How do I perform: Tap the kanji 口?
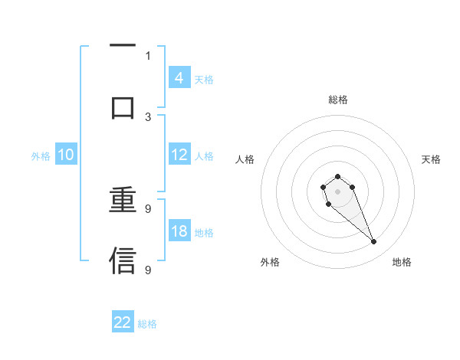[x=123, y=107]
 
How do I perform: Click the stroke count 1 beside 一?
[x=148, y=56]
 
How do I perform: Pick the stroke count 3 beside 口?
[x=148, y=116]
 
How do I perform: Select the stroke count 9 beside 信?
[x=148, y=269]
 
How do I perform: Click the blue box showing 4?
[x=179, y=77]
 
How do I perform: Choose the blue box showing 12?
[x=179, y=155]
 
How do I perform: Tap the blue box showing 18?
[x=179, y=231]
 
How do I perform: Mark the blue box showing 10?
[x=66, y=155]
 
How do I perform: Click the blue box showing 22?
[x=123, y=322]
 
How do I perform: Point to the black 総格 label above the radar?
[x=337, y=100]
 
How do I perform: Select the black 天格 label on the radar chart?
[x=431, y=159]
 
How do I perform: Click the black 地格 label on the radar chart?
[x=402, y=262]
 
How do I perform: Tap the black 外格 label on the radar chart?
[x=270, y=262]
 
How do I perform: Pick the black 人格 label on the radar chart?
[x=245, y=159]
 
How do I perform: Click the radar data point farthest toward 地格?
[x=373, y=242]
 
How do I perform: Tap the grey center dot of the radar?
[x=337, y=191]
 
